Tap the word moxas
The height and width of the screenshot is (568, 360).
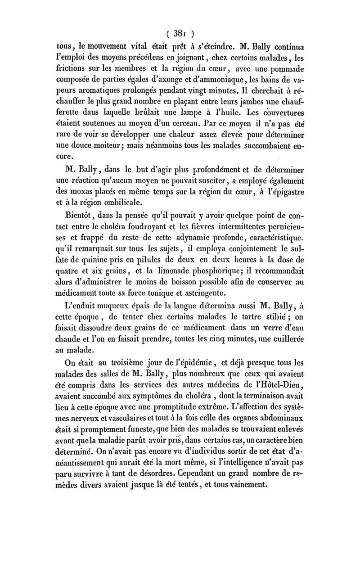tap(83, 193)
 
